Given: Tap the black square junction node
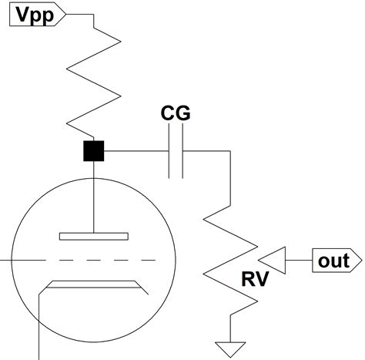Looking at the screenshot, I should [x=93, y=152].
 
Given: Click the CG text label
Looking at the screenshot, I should [x=176, y=115].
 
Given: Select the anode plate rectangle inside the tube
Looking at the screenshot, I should [x=93, y=235].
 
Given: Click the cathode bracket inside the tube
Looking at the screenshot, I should [x=93, y=285].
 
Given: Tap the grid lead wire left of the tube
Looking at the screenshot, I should [x=8, y=261].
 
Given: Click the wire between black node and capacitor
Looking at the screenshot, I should [x=136, y=152].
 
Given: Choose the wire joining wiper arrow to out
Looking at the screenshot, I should [x=300, y=261].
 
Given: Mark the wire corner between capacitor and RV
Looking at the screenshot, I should [x=229, y=152].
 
